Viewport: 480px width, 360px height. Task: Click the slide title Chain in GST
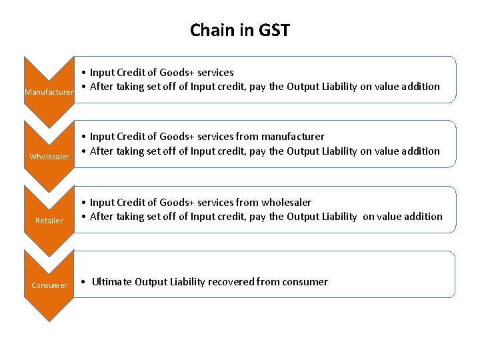[240, 30]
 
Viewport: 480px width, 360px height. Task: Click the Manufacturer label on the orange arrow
[49, 92]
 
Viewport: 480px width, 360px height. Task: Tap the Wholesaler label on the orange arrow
[49, 157]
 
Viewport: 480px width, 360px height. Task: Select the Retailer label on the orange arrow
[49, 221]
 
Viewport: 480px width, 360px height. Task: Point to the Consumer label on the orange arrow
[49, 285]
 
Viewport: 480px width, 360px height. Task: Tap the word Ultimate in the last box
[111, 281]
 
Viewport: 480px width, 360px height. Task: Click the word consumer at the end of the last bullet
[305, 281]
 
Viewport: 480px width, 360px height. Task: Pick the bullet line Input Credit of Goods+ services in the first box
[161, 72]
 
